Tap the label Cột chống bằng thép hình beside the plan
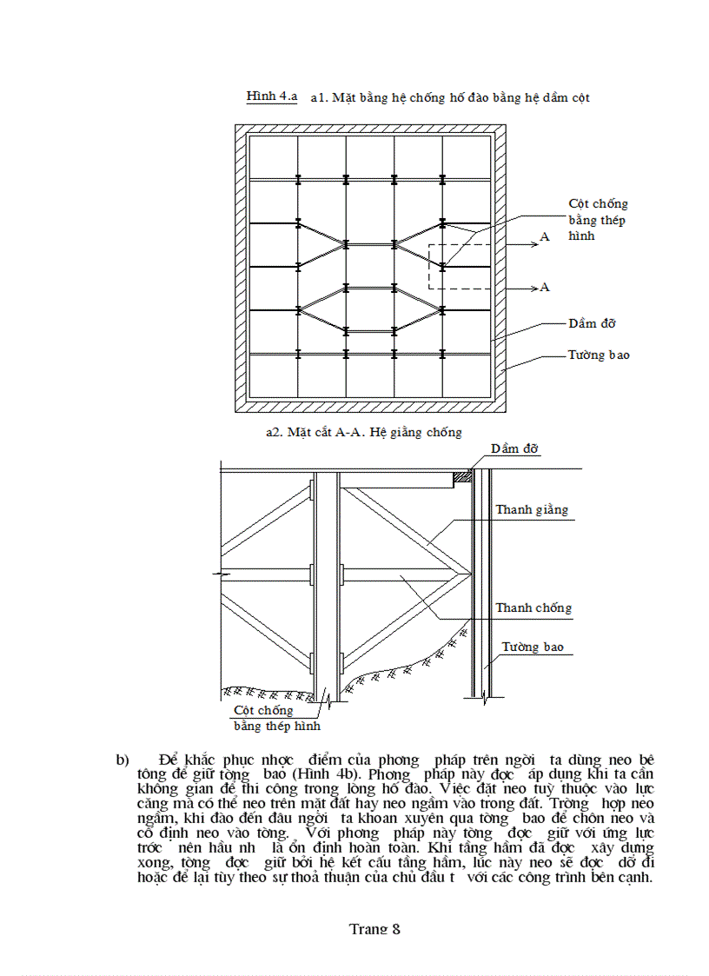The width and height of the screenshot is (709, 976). [597, 220]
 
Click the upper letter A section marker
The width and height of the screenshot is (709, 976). [545, 237]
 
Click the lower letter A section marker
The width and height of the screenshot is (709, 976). [545, 287]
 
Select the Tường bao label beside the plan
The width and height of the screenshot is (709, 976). [599, 355]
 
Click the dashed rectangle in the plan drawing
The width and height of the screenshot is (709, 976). [461, 267]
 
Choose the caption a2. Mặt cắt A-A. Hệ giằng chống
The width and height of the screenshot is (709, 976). [363, 431]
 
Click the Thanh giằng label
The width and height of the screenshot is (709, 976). [532, 509]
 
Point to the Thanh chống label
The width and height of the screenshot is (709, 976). [533, 608]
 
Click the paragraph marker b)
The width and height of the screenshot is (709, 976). [123, 759]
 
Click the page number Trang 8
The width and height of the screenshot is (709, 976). [374, 928]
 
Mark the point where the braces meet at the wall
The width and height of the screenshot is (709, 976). [470, 573]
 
